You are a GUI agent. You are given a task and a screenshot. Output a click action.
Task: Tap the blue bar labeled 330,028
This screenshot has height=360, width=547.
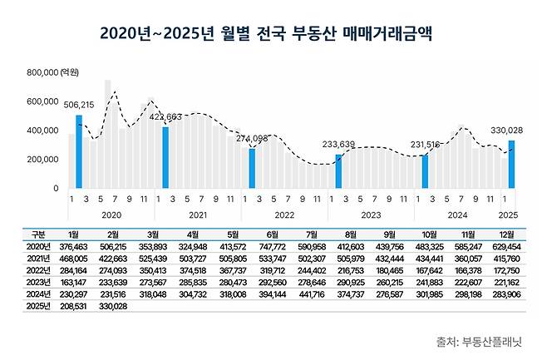(x=511, y=164)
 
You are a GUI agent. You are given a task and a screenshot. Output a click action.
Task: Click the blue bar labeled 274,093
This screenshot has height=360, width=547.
(x=252, y=168)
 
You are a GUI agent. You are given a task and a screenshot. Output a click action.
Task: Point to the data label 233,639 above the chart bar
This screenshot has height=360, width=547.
(x=338, y=144)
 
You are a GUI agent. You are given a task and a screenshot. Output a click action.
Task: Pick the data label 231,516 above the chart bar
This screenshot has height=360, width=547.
(x=425, y=145)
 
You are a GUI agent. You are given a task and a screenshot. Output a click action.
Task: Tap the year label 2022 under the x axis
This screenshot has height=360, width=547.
(x=284, y=213)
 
